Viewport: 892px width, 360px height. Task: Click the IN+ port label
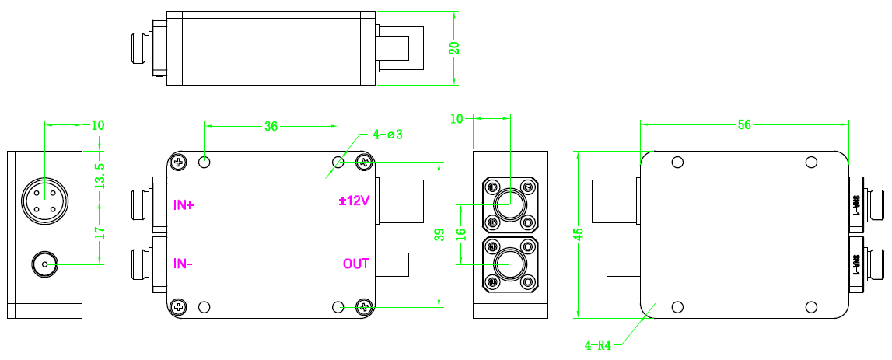coord(184,205)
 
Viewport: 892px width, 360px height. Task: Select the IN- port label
coord(184,264)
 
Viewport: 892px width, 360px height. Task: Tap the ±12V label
coord(354,201)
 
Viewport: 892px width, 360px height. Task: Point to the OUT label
coord(356,264)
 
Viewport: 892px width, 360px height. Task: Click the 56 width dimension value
coord(744,124)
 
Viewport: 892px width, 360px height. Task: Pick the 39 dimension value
coord(440,234)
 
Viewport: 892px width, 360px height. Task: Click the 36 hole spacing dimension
coord(271,125)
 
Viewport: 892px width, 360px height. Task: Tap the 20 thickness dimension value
coord(455,47)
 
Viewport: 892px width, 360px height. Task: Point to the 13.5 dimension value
coord(100,177)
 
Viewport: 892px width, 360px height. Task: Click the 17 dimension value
coord(100,232)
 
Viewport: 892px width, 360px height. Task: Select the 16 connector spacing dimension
coord(460,234)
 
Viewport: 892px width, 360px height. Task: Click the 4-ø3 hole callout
coord(387,135)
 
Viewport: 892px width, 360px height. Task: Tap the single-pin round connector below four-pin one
coord(44,264)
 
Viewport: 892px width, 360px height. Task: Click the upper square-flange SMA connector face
coord(509,205)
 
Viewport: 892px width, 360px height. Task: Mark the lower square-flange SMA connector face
coord(509,264)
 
